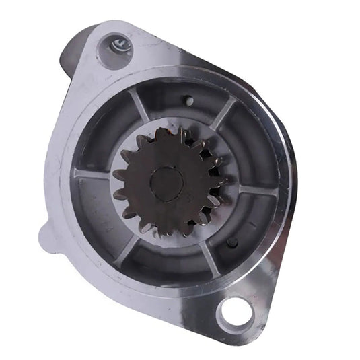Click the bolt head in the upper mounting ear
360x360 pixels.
click(116, 46)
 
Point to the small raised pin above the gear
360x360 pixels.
click(190, 102)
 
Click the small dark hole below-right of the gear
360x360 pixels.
click(232, 242)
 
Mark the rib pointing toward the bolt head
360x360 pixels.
click(140, 106)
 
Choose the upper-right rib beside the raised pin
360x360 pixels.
click(223, 113)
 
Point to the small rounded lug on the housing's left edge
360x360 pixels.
click(48, 235)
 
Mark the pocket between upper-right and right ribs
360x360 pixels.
click(246, 148)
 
